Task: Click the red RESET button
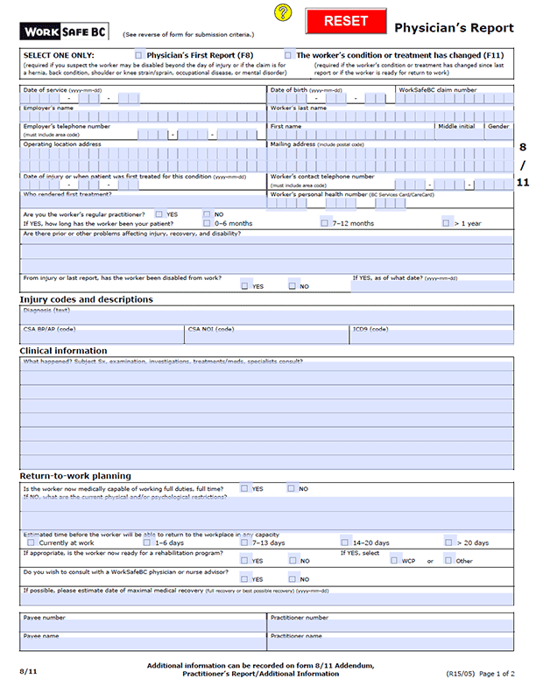346,21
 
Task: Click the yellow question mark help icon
281,12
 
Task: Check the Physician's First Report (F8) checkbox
138,55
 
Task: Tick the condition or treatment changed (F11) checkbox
288,55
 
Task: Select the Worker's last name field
390,115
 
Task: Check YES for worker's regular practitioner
159,213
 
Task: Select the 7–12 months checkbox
325,223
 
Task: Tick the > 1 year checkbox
447,223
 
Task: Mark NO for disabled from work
293,285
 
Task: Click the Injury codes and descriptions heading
86,300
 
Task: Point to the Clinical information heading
63,351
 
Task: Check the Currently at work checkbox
31,542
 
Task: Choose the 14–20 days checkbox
345,542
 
